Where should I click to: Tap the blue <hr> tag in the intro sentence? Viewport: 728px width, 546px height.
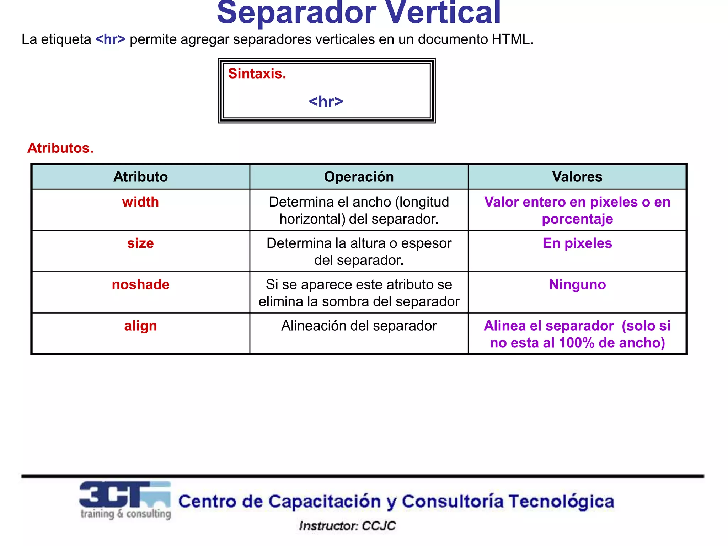click(x=110, y=39)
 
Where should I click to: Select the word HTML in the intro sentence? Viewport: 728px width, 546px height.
click(x=512, y=39)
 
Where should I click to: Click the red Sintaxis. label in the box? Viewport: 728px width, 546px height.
click(x=257, y=74)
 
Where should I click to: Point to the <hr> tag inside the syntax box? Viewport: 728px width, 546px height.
click(x=326, y=102)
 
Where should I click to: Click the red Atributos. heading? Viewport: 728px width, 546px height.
click(x=60, y=148)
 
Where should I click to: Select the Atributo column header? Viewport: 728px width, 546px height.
click(x=140, y=177)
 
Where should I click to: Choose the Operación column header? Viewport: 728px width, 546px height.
click(x=359, y=177)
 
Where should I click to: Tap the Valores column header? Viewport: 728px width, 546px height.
click(x=577, y=177)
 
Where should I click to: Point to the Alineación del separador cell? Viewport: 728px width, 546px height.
click(x=359, y=326)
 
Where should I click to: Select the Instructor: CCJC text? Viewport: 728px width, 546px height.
click(x=347, y=526)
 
